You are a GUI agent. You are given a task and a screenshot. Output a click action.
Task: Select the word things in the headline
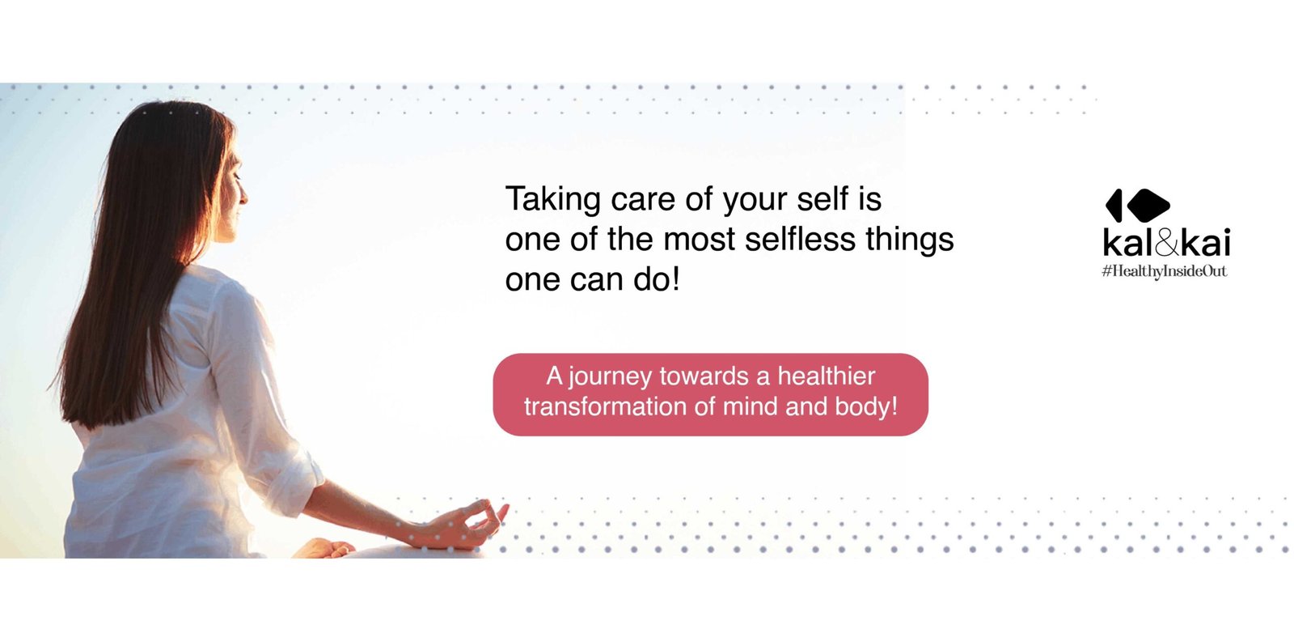click(x=909, y=240)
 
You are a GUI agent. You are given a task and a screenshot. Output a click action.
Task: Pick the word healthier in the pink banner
click(x=826, y=376)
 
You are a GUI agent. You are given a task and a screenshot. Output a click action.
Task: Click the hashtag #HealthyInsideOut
click(x=1164, y=271)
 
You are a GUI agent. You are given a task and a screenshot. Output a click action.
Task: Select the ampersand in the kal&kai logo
click(x=1168, y=243)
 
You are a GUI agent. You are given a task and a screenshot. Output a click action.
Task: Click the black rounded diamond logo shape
click(x=1148, y=206)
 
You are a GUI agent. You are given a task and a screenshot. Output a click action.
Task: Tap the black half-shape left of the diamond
click(x=1114, y=206)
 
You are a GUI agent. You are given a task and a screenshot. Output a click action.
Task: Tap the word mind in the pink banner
click(x=749, y=406)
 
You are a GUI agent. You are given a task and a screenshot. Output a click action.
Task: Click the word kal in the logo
click(x=1129, y=243)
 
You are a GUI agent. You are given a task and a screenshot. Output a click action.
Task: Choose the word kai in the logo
click(x=1205, y=243)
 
